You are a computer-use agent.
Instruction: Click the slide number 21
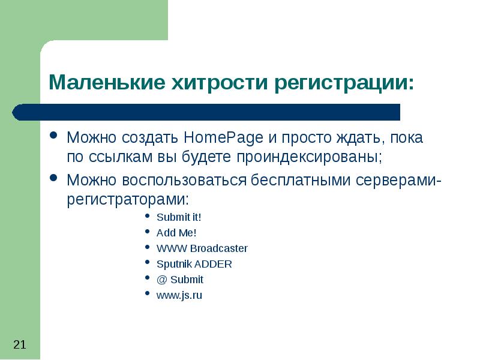(19, 344)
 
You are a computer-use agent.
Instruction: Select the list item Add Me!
(176, 233)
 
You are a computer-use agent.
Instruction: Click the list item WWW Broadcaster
(202, 248)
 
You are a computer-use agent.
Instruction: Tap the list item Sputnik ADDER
(194, 264)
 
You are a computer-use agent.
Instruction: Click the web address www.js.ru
(179, 295)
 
